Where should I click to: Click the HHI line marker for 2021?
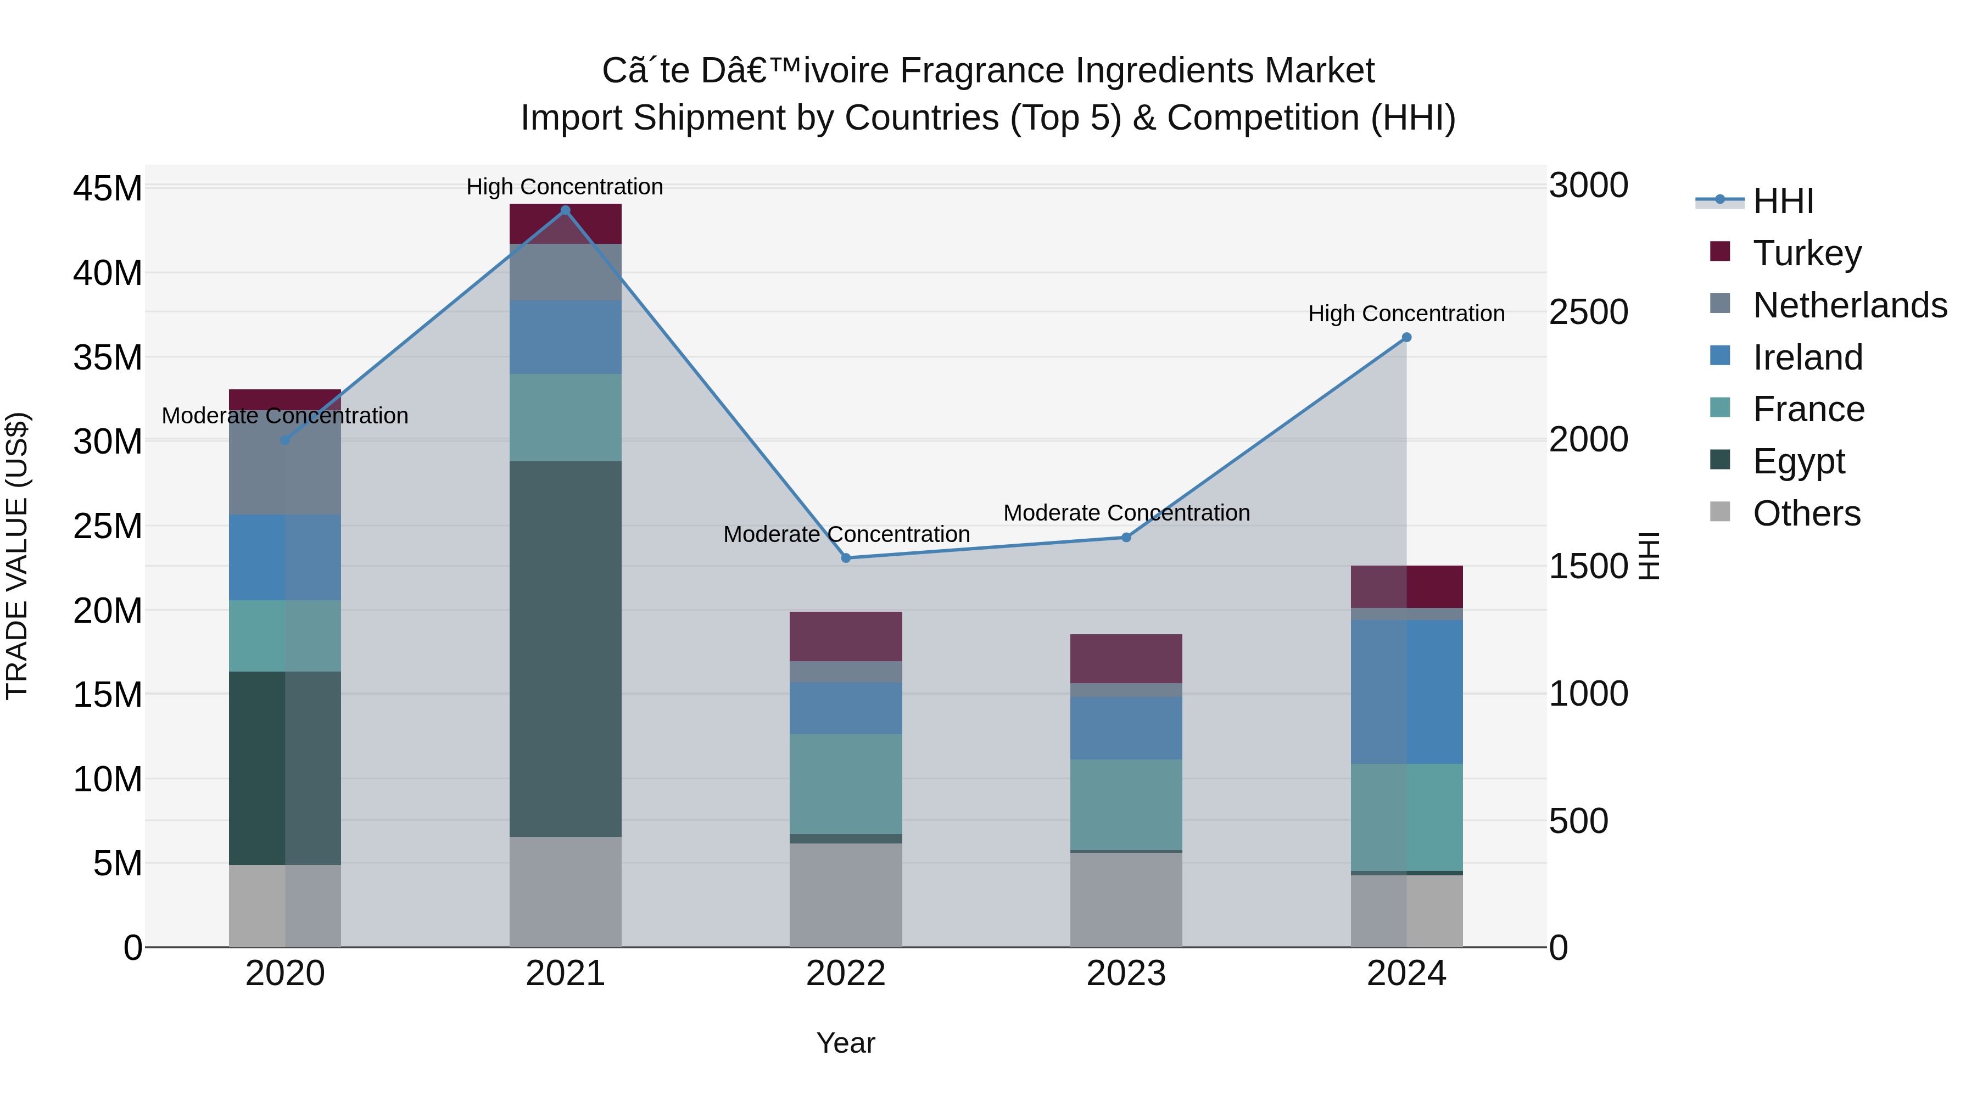coord(565,210)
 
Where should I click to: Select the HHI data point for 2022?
coord(846,558)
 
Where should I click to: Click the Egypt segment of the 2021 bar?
coord(565,649)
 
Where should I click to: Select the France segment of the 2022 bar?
coord(846,784)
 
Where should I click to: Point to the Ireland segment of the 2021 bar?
coord(565,337)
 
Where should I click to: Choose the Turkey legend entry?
coord(1807,253)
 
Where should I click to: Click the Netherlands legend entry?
coord(1850,305)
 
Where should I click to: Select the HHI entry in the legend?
coord(1783,201)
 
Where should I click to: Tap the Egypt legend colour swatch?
coord(1720,460)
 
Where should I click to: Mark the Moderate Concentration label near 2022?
coord(846,534)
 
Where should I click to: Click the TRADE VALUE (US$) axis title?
coord(17,556)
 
